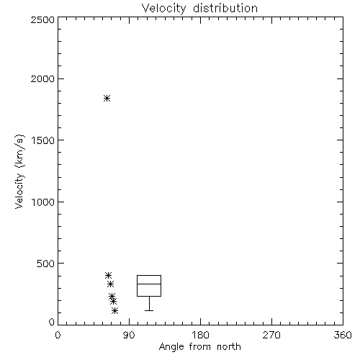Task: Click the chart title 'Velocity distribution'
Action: (199, 9)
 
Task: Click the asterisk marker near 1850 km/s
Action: (107, 99)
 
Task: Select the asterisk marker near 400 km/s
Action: (108, 275)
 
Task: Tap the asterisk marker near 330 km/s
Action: (110, 284)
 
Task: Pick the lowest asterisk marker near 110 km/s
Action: (115, 311)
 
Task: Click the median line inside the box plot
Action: (149, 284)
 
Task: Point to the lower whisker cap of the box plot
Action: (149, 310)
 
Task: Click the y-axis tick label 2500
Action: (42, 20)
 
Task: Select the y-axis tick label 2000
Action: (42, 79)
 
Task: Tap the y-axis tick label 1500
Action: (43, 140)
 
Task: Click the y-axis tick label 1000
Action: (43, 202)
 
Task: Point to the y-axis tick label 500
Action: (46, 264)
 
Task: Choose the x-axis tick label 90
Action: (129, 335)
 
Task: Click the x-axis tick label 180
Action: (200, 335)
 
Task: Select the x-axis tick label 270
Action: (271, 335)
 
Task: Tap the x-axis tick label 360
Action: (343, 335)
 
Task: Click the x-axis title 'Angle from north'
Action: (200, 347)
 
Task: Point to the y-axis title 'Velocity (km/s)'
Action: (19, 171)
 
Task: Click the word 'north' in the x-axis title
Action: (229, 347)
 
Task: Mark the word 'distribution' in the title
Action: (225, 9)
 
